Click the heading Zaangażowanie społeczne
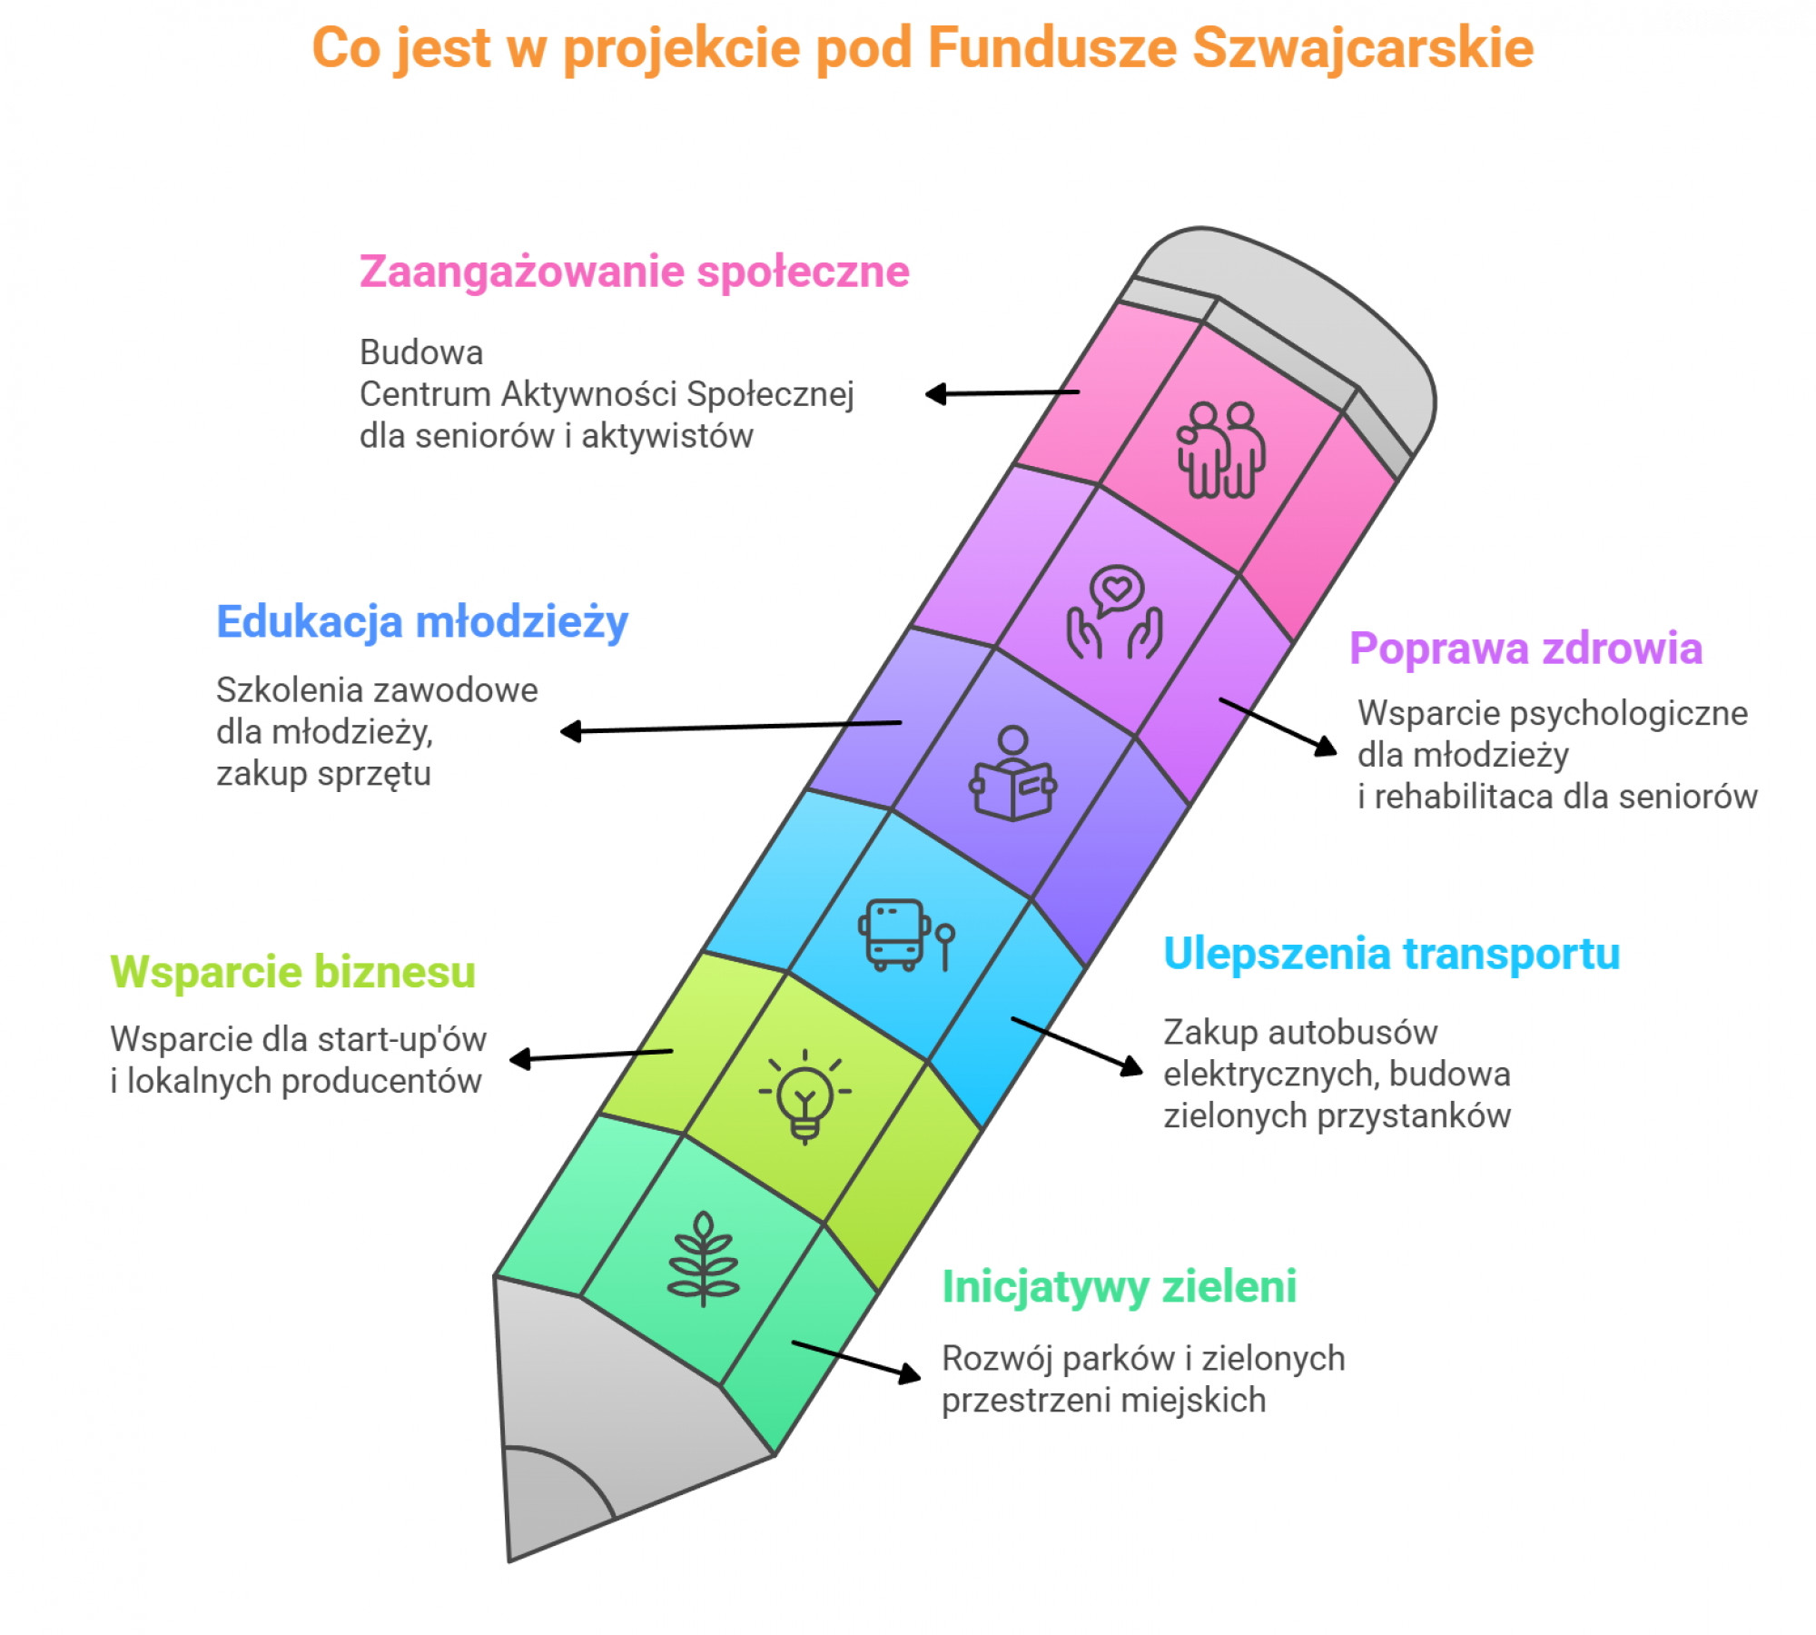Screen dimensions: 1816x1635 pyautogui.click(x=634, y=272)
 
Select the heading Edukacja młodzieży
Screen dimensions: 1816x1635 pyautogui.click(x=422, y=623)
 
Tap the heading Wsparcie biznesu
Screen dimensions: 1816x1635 pyautogui.click(x=292, y=971)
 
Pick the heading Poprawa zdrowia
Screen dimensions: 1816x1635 pyautogui.click(x=1525, y=649)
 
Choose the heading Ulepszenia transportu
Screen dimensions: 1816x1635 pyautogui.click(x=1392, y=955)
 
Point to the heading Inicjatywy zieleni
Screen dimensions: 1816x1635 pyautogui.click(x=1119, y=1287)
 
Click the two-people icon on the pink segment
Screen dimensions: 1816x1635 pyautogui.click(x=1221, y=451)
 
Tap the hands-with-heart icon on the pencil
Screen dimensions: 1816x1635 pyautogui.click(x=1114, y=613)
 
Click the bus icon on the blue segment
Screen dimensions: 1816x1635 pyautogui.click(x=906, y=935)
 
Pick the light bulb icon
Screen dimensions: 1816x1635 pyautogui.click(x=805, y=1096)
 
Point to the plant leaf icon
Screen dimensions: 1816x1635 pyautogui.click(x=703, y=1260)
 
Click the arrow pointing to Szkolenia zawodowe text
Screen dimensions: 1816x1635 pyautogui.click(x=731, y=727)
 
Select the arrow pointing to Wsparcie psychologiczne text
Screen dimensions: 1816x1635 pyautogui.click(x=1278, y=727)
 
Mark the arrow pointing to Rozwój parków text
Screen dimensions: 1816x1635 pyautogui.click(x=856, y=1362)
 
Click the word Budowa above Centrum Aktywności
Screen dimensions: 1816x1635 pyautogui.click(x=421, y=352)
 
